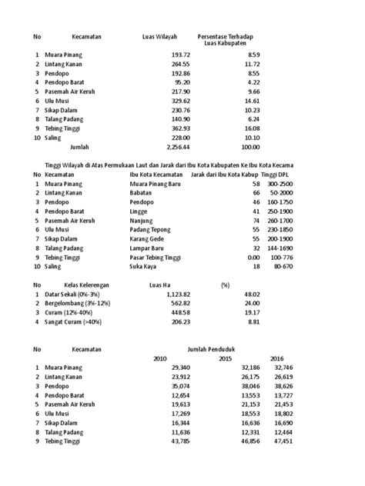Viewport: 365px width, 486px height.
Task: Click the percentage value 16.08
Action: [253, 128]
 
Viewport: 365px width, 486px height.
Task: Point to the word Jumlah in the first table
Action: [79, 145]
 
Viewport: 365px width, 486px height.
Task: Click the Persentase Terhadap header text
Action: [229, 36]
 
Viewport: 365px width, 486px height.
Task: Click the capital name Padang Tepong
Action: [152, 230]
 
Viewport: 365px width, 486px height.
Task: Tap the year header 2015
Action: [225, 359]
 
